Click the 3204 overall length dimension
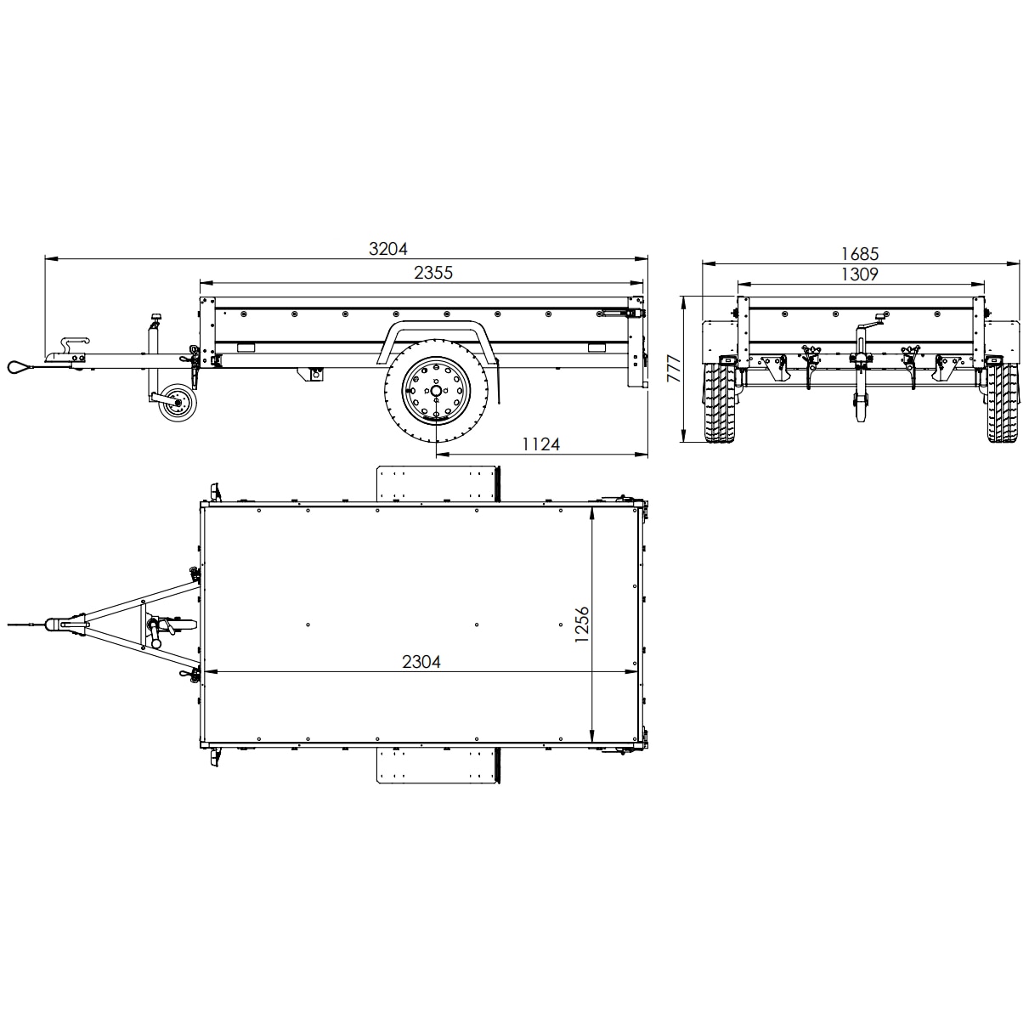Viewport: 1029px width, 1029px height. pyautogui.click(x=387, y=249)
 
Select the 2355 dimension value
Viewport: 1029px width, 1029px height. pyautogui.click(x=433, y=273)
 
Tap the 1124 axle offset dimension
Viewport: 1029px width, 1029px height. pyautogui.click(x=540, y=444)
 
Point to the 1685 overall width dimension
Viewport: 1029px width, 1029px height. pyautogui.click(x=860, y=254)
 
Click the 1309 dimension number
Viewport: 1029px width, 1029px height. pyautogui.click(x=860, y=274)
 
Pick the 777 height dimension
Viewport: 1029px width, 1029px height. pyautogui.click(x=675, y=369)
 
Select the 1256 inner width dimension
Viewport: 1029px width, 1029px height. pyautogui.click(x=581, y=625)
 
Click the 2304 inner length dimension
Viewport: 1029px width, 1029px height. pyautogui.click(x=421, y=662)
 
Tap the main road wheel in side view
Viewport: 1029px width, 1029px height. pyautogui.click(x=436, y=392)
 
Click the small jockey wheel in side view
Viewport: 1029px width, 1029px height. pyautogui.click(x=176, y=402)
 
